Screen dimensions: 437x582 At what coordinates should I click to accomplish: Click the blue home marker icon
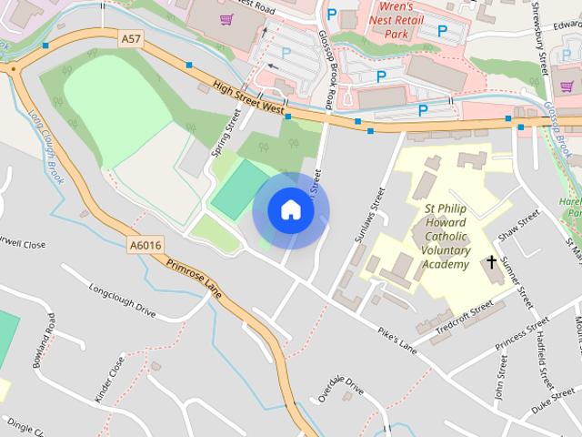(x=291, y=210)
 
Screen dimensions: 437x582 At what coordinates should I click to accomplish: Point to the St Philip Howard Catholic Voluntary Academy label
(x=447, y=237)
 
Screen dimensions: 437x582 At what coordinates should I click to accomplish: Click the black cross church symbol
(x=492, y=263)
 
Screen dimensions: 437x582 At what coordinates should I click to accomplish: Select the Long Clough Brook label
(x=45, y=146)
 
